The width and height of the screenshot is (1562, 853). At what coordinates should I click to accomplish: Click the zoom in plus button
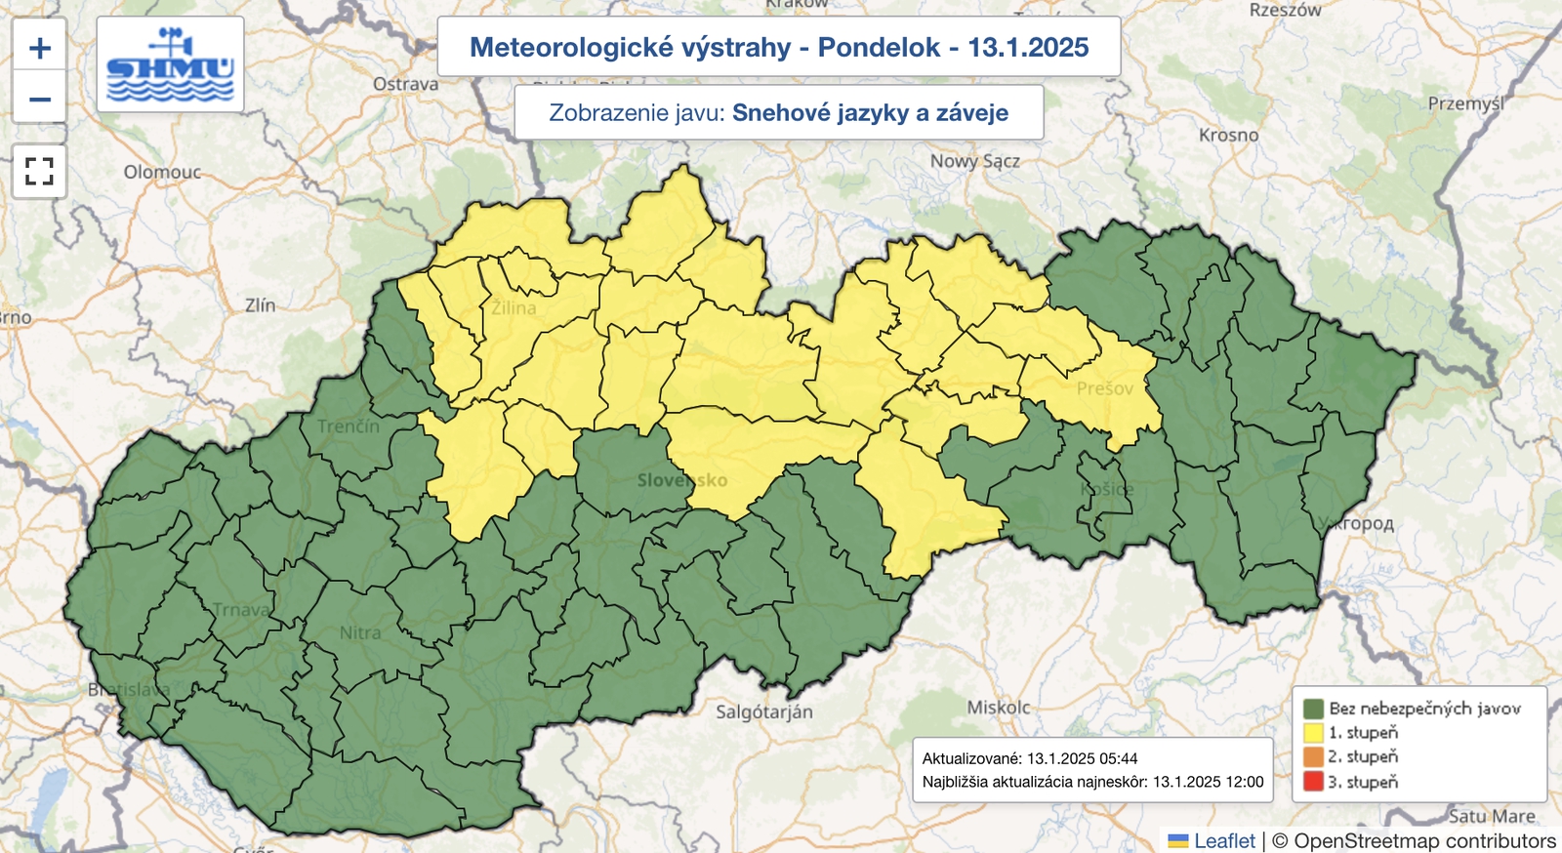click(39, 47)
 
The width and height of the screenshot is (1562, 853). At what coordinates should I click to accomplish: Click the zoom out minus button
click(39, 99)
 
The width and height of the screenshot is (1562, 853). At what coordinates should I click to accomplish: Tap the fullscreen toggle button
click(39, 172)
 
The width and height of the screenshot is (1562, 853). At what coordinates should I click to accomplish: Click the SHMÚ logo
click(171, 64)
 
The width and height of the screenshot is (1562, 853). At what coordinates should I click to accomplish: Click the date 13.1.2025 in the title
click(1028, 47)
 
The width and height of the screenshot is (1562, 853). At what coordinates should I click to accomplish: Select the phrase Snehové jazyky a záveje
click(870, 112)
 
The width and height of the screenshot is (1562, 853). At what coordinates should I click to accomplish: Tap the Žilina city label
click(514, 308)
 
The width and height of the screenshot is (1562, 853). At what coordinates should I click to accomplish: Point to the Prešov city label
click(1105, 388)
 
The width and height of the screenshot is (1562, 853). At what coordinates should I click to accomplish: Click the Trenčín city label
click(349, 426)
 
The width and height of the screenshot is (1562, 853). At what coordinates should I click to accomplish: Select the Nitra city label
click(360, 632)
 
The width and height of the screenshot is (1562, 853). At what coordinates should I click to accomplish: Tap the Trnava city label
click(241, 610)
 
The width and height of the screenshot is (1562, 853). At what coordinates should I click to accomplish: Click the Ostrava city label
click(405, 84)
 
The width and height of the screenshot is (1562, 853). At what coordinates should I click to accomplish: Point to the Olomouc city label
click(162, 172)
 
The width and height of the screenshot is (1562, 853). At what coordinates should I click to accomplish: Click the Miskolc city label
click(998, 707)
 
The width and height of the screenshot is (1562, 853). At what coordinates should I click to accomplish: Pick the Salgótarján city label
click(763, 711)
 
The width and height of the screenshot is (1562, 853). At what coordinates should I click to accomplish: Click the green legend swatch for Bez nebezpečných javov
click(1313, 709)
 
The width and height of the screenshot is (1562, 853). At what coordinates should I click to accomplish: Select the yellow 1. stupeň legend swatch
click(1313, 733)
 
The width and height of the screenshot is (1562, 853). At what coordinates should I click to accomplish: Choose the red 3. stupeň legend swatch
click(1313, 782)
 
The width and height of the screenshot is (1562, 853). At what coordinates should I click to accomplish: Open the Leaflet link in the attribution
click(1224, 840)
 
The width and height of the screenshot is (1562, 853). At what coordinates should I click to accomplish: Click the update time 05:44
click(1119, 758)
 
